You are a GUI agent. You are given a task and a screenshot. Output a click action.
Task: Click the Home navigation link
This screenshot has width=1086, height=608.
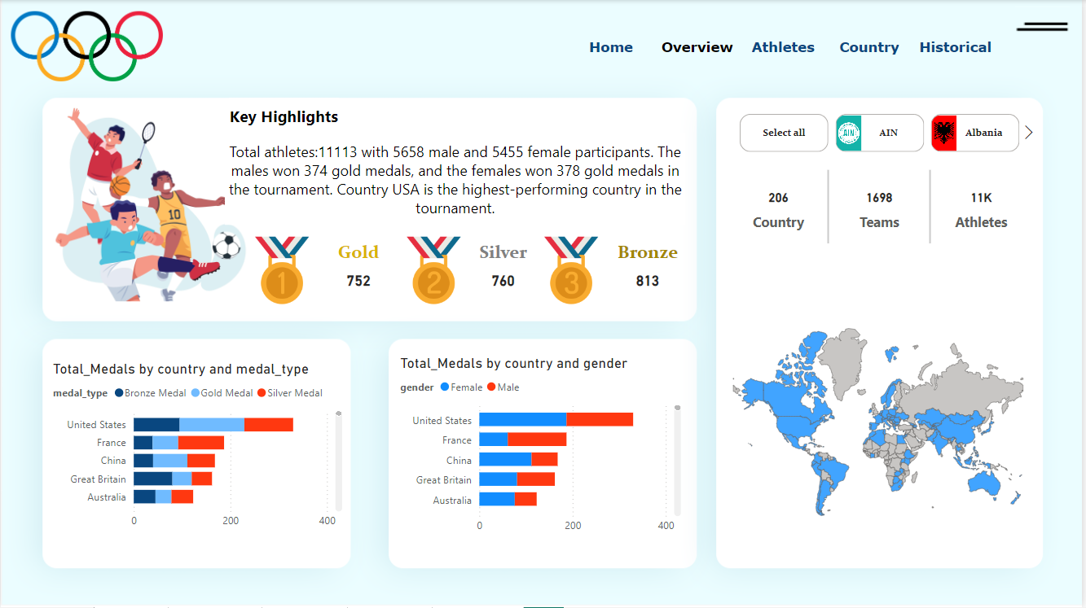pos(611,47)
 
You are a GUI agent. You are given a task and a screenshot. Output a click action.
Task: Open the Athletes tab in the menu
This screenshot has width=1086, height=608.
pos(783,47)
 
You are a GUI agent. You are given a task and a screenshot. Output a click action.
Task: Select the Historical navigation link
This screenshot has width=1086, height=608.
pos(955,47)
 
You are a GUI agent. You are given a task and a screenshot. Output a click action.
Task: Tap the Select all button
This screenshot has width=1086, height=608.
pos(784,133)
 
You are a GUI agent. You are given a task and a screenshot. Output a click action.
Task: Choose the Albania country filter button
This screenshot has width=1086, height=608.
pos(974,133)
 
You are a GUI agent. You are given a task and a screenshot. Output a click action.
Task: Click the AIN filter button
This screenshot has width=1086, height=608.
pos(879,133)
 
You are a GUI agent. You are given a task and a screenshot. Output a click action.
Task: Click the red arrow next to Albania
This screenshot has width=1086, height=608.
pos(1029,133)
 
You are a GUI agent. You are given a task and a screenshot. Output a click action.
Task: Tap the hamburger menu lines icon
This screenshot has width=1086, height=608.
pos(1042,28)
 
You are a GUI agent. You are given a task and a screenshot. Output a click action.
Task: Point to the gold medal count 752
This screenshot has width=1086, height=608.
pos(358,281)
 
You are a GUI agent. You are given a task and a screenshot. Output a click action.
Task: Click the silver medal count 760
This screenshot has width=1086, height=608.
pos(503,281)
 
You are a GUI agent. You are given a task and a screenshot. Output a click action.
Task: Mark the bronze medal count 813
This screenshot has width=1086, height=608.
pos(648,281)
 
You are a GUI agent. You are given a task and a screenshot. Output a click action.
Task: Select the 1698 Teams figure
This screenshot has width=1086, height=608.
pos(879,198)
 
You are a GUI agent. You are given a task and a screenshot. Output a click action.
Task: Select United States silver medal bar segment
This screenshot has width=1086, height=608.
pos(268,425)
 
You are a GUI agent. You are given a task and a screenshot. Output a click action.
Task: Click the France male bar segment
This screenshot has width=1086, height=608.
pos(537,440)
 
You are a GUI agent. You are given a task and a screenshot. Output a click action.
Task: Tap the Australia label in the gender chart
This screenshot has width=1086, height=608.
pos(452,501)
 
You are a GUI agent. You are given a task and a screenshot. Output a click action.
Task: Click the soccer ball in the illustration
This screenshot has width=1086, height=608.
pos(227,245)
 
